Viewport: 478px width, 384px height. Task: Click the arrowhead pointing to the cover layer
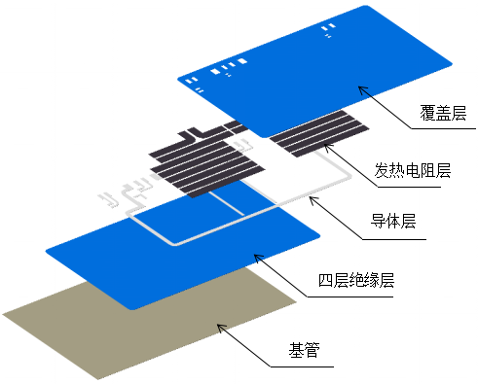(361, 88)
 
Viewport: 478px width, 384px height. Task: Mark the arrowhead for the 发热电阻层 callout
(326, 148)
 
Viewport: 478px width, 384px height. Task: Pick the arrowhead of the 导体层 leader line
(311, 199)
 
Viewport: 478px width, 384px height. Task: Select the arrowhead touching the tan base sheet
(220, 327)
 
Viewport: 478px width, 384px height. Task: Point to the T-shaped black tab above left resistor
(195, 134)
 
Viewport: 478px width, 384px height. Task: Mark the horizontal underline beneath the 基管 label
(302, 367)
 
